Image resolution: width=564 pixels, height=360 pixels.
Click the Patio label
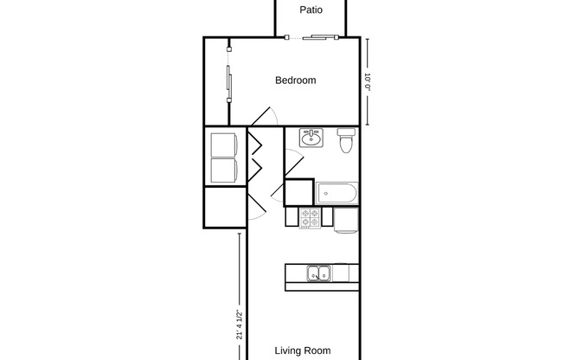[x=311, y=10]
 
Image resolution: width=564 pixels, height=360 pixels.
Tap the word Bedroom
[x=295, y=80]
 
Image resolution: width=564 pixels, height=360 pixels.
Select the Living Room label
[x=303, y=350]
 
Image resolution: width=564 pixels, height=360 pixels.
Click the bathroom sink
[x=311, y=138]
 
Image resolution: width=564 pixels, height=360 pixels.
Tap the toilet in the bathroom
[x=346, y=140]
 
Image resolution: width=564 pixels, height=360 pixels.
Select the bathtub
[x=337, y=193]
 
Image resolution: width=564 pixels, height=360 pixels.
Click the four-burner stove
[x=310, y=218]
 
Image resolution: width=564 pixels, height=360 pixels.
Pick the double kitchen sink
[x=317, y=274]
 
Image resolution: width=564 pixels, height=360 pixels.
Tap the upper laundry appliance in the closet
[x=225, y=143]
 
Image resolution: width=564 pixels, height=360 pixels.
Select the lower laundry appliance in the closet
[x=225, y=170]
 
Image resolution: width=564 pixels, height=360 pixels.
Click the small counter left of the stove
[x=292, y=218]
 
